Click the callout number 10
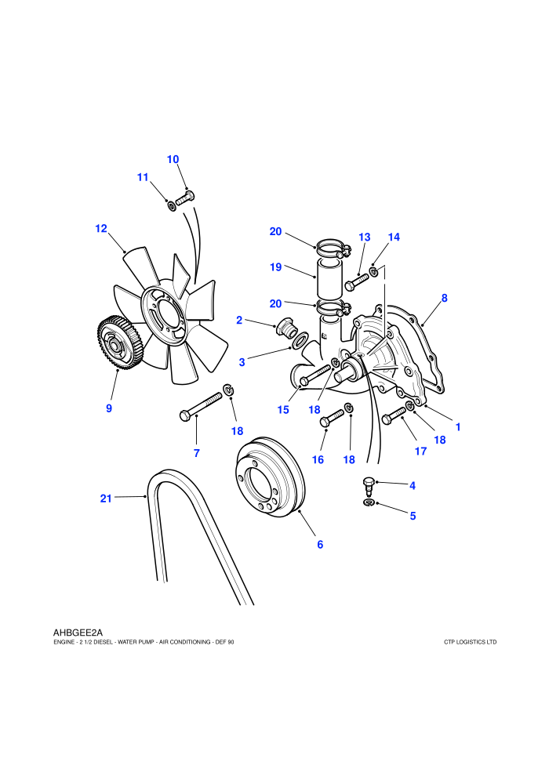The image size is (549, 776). click(173, 159)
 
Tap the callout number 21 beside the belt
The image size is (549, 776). click(106, 499)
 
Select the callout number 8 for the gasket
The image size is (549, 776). click(445, 298)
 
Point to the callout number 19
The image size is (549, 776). click(276, 267)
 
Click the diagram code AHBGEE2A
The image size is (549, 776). click(78, 633)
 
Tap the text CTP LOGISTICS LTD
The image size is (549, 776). click(471, 643)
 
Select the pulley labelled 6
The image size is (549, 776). click(271, 477)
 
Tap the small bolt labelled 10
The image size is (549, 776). click(184, 199)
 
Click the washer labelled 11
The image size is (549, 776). click(171, 205)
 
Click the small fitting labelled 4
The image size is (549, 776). click(367, 486)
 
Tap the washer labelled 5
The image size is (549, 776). click(368, 503)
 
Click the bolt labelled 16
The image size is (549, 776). click(332, 418)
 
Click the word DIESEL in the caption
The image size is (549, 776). click(103, 643)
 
